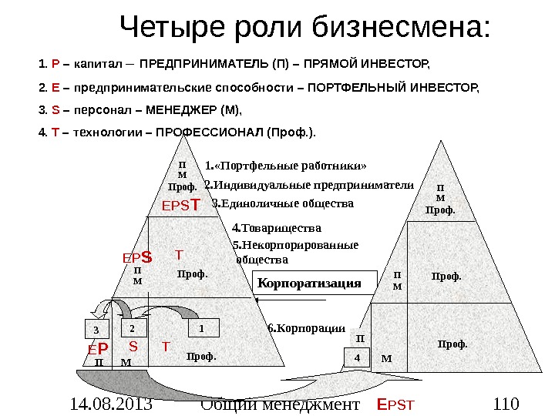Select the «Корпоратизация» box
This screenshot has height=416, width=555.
[x=309, y=283]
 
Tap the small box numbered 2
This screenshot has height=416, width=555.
[x=132, y=327]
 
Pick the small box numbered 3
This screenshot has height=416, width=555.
[x=96, y=330]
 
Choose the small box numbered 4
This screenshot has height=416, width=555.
[x=357, y=357]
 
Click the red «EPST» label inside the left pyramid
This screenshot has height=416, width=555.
[x=180, y=206]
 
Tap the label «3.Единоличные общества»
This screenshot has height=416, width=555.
[x=282, y=204]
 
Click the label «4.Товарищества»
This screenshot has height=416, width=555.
[x=276, y=228]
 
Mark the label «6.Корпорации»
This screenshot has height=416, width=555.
[x=306, y=327]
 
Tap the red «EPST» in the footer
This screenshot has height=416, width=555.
[x=395, y=404]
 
